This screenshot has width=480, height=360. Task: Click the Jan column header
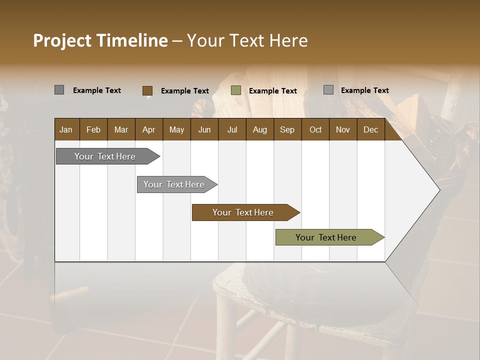click(x=66, y=129)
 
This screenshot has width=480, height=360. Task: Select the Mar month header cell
click(x=121, y=129)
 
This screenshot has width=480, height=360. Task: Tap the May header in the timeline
click(x=176, y=129)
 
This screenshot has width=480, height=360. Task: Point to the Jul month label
click(x=232, y=129)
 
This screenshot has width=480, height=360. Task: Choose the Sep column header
click(x=287, y=129)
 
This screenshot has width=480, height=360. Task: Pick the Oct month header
click(x=315, y=129)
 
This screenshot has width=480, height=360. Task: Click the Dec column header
click(x=370, y=129)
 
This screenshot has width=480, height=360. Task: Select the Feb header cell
click(x=93, y=129)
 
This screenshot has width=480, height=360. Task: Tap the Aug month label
click(x=259, y=129)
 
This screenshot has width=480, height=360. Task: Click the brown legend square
click(x=147, y=90)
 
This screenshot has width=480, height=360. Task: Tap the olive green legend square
click(x=236, y=90)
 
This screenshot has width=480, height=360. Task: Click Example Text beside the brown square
click(x=184, y=91)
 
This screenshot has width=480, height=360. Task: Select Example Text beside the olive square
click(x=272, y=91)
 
